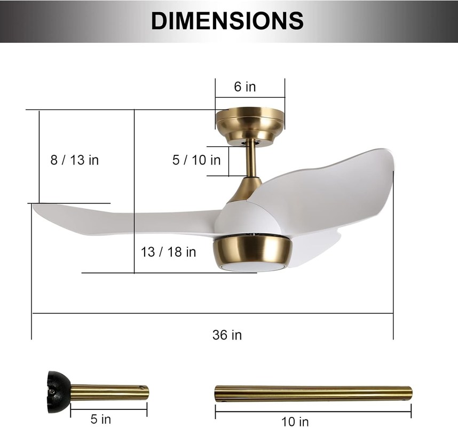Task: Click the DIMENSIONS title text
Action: [227, 20]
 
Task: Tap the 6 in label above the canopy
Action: [245, 87]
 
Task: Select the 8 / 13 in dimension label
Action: [75, 160]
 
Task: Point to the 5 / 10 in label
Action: [196, 160]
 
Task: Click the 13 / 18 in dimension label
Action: [168, 252]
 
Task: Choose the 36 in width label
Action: [227, 335]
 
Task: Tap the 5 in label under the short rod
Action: [101, 419]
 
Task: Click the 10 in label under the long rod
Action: [295, 422]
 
